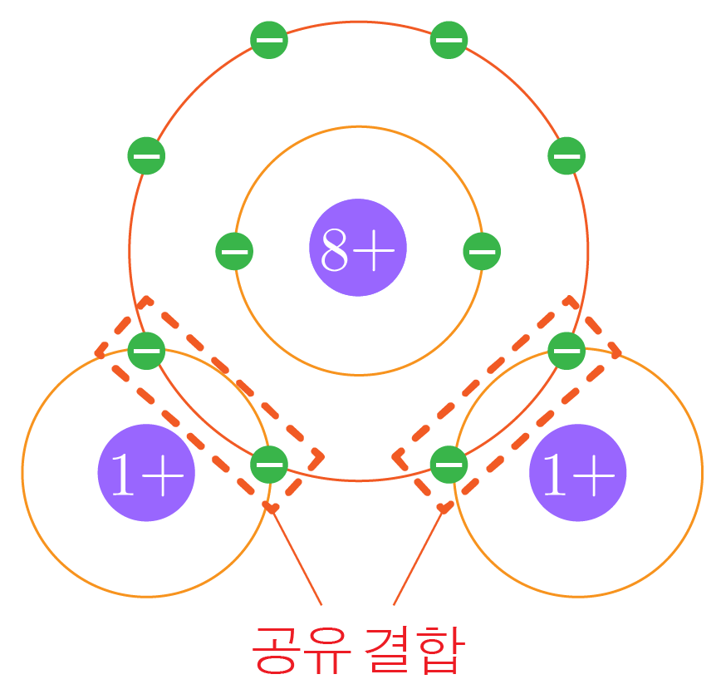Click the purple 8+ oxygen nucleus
point(358,248)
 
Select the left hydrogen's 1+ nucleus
point(146,473)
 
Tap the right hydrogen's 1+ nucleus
point(578,473)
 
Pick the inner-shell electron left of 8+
point(234,251)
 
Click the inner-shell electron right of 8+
point(482,251)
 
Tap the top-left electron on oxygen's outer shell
point(269,40)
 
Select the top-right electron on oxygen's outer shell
point(449,40)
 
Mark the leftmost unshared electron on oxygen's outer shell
point(146,155)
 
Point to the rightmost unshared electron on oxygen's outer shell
point(567,155)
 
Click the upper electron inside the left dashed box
point(146,349)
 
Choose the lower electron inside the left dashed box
point(269,464)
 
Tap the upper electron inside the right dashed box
point(567,349)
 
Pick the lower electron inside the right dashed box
point(449,464)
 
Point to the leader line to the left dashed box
point(297,557)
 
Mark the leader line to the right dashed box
point(419,557)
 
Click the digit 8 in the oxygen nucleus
point(336,249)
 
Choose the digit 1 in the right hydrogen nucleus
point(555,475)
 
